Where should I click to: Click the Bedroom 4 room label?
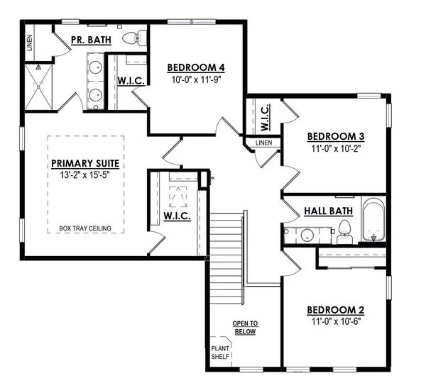[196, 67]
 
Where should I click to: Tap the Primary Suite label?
[84, 163]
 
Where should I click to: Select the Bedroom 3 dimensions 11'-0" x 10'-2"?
[336, 150]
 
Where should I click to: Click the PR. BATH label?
[91, 40]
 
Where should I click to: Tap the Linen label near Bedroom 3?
[263, 143]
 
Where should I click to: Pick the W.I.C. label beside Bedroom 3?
[263, 117]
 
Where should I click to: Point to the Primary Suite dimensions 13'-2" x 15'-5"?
[84, 174]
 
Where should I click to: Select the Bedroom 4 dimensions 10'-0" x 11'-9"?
[196, 79]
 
